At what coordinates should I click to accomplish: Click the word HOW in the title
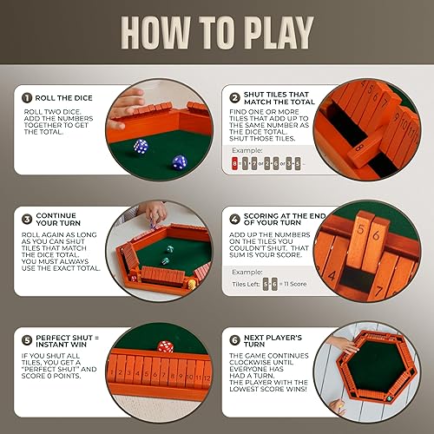tap(160, 33)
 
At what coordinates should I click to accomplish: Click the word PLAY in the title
tap(268, 33)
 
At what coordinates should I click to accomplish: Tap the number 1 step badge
tap(28, 99)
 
